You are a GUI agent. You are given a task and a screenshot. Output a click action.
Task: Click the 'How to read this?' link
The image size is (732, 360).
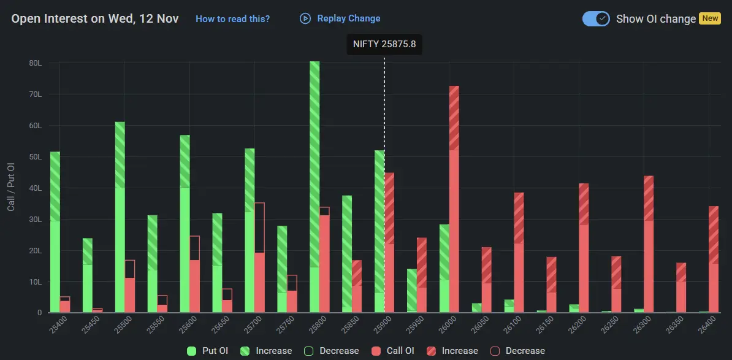pyautogui.click(x=232, y=19)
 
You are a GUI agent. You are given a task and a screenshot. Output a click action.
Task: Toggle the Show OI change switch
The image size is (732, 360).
pyautogui.click(x=596, y=18)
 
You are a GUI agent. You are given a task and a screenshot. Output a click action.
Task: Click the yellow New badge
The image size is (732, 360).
pyautogui.click(x=710, y=18)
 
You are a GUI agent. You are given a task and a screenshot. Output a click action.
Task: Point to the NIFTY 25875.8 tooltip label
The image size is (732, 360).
pyautogui.click(x=384, y=45)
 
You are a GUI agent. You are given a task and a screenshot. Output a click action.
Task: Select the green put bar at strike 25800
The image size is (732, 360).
pyautogui.click(x=315, y=187)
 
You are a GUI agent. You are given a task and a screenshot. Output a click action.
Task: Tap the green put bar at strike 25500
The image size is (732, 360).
pyautogui.click(x=120, y=218)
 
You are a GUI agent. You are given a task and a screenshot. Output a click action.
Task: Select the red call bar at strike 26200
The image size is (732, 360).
pyautogui.click(x=584, y=248)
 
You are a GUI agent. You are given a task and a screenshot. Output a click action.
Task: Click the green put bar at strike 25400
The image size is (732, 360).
pyautogui.click(x=55, y=232)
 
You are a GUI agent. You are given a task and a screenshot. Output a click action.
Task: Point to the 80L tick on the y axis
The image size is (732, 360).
pyautogui.click(x=35, y=63)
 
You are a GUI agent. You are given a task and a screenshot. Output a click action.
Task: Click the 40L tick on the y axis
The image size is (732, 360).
pyautogui.click(x=35, y=188)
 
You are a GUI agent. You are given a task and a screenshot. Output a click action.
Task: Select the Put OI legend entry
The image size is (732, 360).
pyautogui.click(x=208, y=351)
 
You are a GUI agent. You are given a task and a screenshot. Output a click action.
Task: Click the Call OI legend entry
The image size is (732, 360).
pyautogui.click(x=394, y=351)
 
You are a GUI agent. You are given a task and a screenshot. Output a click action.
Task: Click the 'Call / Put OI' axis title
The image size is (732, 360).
pyautogui.click(x=11, y=187)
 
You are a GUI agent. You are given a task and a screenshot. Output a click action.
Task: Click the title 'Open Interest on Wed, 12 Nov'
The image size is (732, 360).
pyautogui.click(x=95, y=18)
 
